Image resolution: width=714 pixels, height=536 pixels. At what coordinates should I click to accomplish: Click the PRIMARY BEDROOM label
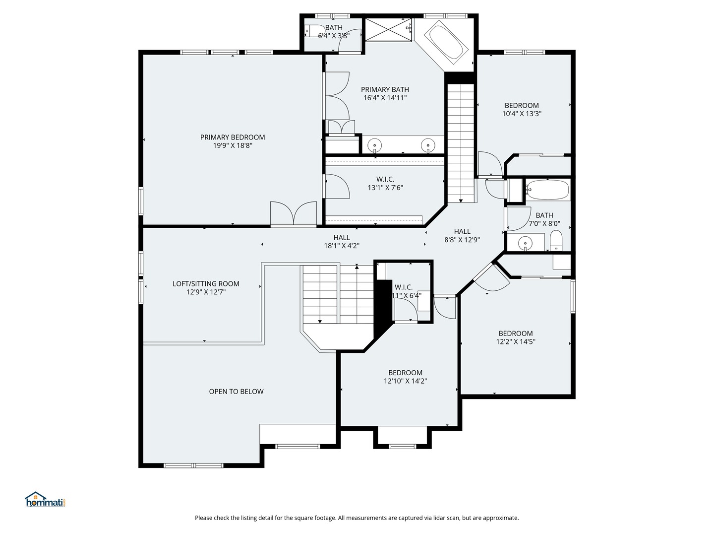pyautogui.click(x=233, y=137)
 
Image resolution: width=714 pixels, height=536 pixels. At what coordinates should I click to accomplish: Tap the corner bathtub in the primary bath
pyautogui.click(x=448, y=43)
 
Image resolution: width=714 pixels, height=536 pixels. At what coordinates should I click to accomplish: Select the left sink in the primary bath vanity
pyautogui.click(x=375, y=146)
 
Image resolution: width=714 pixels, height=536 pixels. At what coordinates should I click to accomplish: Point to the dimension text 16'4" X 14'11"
pyautogui.click(x=385, y=98)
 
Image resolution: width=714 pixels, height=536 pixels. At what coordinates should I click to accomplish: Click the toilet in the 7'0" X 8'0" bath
pyautogui.click(x=556, y=242)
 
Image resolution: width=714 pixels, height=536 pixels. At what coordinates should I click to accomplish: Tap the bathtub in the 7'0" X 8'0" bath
pyautogui.click(x=547, y=190)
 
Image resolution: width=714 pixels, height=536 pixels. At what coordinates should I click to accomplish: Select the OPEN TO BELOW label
pyautogui.click(x=236, y=392)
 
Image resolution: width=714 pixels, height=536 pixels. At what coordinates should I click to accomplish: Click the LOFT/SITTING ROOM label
pyautogui.click(x=206, y=284)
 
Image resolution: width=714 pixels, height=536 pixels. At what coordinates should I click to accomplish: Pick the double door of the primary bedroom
pyautogui.click(x=294, y=214)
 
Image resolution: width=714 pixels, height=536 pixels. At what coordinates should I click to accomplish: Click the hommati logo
pyautogui.click(x=45, y=500)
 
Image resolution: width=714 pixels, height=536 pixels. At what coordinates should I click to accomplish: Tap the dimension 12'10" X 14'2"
pyautogui.click(x=405, y=381)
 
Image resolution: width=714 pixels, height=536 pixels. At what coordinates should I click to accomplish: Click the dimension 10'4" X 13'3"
pyautogui.click(x=522, y=114)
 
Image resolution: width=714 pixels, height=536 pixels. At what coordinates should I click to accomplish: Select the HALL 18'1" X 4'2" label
pyautogui.click(x=342, y=242)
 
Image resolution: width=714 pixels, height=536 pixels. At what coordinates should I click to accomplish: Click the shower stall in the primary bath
pyautogui.click(x=389, y=30)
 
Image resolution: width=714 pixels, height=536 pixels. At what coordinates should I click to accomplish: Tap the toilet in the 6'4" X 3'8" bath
pyautogui.click(x=312, y=31)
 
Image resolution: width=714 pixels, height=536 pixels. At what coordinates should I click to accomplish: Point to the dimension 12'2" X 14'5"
pyautogui.click(x=516, y=341)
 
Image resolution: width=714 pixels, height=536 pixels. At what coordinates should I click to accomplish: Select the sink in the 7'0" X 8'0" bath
pyautogui.click(x=525, y=243)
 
